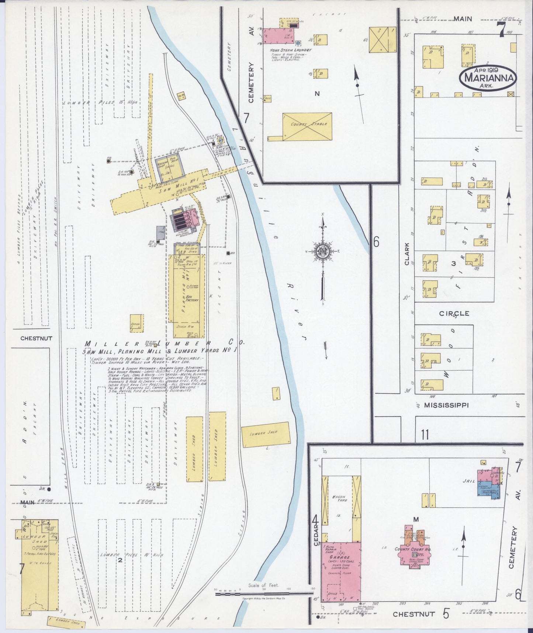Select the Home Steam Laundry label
coord(291,50)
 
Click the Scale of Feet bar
coord(264,594)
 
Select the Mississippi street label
coord(446,405)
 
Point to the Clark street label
coord(407,254)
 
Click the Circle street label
coord(454,314)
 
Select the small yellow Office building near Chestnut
coord(136,324)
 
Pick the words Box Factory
coord(192,298)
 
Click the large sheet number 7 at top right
coord(501,30)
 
